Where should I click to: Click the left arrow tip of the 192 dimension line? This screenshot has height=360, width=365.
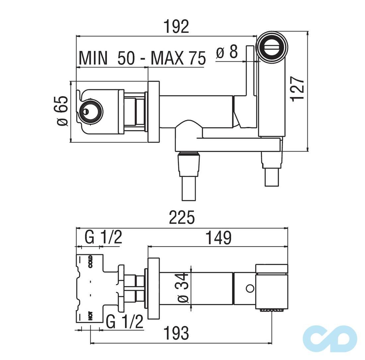tap(77, 36)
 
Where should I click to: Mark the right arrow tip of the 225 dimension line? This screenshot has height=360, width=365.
tap(288, 229)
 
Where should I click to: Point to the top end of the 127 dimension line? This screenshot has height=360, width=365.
tap(308, 31)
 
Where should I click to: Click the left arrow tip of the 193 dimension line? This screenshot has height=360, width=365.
tap(90, 343)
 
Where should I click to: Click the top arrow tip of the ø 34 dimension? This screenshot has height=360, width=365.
tap(191, 266)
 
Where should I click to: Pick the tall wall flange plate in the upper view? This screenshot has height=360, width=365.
tap(154, 112)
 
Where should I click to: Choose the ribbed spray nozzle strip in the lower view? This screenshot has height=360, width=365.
tap(272, 310)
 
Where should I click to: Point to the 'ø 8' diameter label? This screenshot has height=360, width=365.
tap(227, 52)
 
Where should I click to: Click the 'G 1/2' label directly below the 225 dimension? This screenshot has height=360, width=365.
tap(103, 237)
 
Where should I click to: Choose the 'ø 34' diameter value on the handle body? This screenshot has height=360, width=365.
tap(184, 288)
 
